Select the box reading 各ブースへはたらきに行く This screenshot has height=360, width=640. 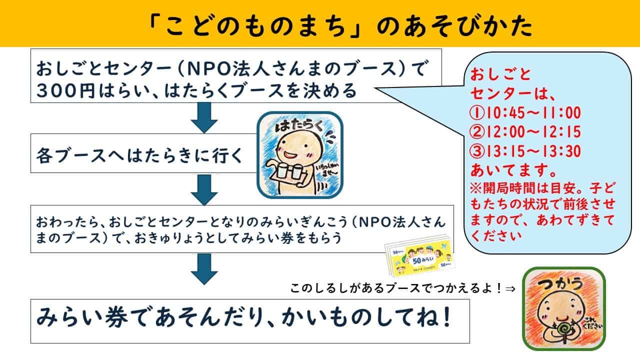pyautogui.click(x=140, y=153)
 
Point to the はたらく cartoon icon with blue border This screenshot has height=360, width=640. pyautogui.click(x=299, y=154)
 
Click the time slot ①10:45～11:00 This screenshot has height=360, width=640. pyautogui.click(x=524, y=112)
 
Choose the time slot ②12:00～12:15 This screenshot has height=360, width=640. pyautogui.click(x=524, y=132)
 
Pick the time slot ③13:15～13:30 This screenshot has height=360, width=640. pyautogui.click(x=524, y=151)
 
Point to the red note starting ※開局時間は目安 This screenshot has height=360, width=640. pyautogui.click(x=542, y=210)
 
